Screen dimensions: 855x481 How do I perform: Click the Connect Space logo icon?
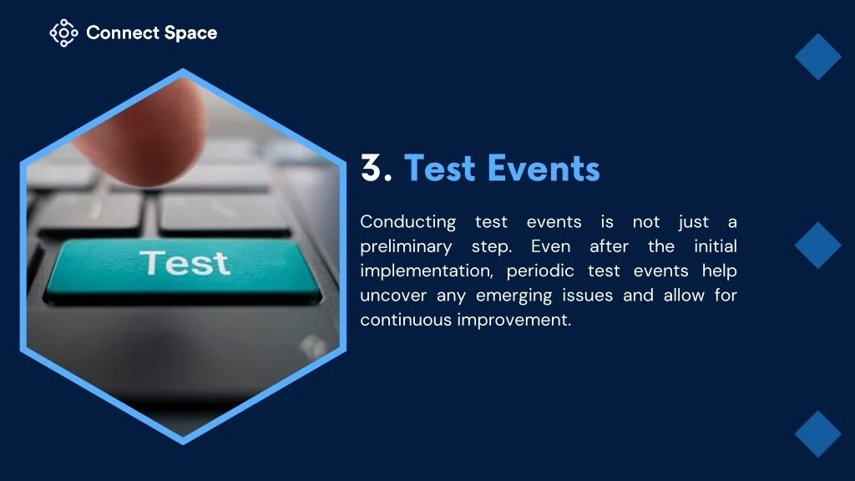pyautogui.click(x=63, y=33)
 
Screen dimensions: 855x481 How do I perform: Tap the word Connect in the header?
pyautogui.click(x=122, y=33)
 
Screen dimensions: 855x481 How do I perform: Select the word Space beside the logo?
pyautogui.click(x=191, y=33)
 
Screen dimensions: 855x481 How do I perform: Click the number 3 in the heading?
pyautogui.click(x=372, y=167)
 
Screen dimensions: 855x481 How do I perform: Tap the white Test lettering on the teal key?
pyautogui.click(x=185, y=263)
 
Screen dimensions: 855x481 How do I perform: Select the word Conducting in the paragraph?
pyautogui.click(x=407, y=222)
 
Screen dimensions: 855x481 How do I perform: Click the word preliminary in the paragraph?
pyautogui.click(x=406, y=246)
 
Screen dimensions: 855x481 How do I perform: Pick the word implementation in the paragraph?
pyautogui.click(x=426, y=271)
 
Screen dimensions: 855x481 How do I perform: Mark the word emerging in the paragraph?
pyautogui.click(x=514, y=296)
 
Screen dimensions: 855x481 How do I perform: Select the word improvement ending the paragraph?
pyautogui.click(x=514, y=320)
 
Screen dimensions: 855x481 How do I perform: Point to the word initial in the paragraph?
pyautogui.click(x=716, y=246)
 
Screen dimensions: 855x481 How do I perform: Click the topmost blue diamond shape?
pyautogui.click(x=818, y=57)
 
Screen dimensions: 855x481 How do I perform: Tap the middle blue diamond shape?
pyautogui.click(x=818, y=246)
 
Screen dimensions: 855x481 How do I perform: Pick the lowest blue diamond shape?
pyautogui.click(x=818, y=434)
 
